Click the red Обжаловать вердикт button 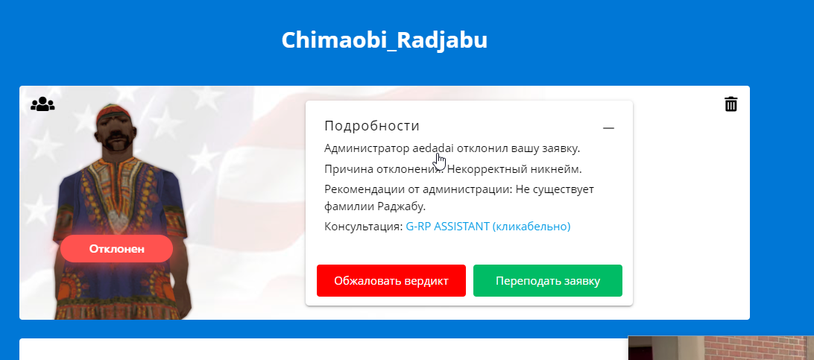[391, 281]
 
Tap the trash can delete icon [731, 104]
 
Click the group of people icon [42, 104]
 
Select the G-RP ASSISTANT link [488, 226]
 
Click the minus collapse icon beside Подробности [608, 128]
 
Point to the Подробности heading [372, 125]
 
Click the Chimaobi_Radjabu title [385, 40]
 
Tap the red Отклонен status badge [117, 248]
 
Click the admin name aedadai [433, 148]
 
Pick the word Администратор [367, 149]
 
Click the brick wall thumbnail [721, 347]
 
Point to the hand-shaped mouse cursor [441, 161]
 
